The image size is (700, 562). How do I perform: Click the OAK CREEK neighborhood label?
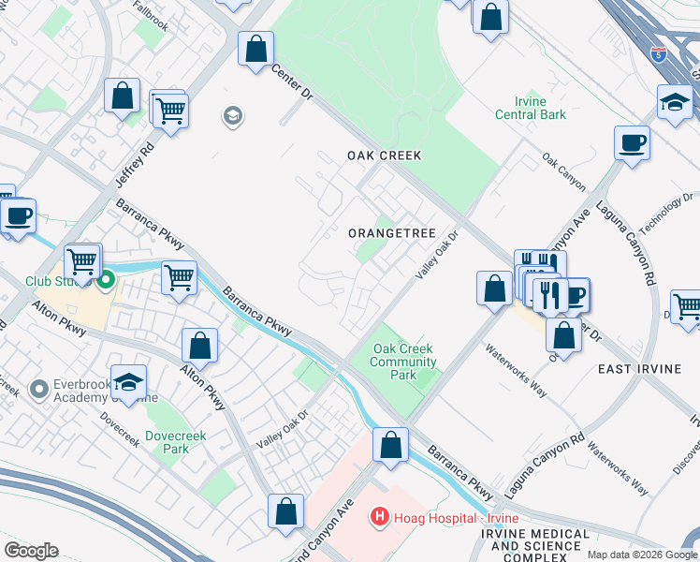click(384, 155)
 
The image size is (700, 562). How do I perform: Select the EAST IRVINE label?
click(639, 369)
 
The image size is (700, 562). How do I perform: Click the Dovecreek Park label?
click(168, 442)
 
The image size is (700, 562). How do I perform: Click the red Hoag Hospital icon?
click(379, 515)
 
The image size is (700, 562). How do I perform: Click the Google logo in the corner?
click(31, 551)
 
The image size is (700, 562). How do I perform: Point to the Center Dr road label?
click(290, 81)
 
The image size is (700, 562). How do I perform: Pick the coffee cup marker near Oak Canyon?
click(632, 143)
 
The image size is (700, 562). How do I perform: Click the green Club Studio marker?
click(106, 278)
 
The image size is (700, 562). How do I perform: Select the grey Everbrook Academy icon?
click(38, 388)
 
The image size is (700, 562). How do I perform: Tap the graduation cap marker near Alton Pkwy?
click(128, 382)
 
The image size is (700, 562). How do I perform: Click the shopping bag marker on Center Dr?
click(255, 50)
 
